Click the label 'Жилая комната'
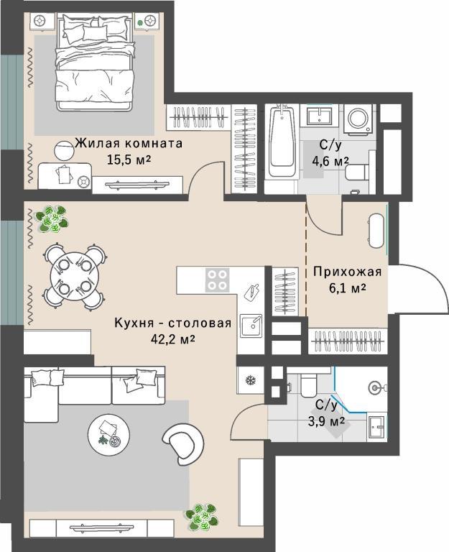pyautogui.click(x=129, y=144)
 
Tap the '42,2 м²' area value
pyautogui.click(x=172, y=339)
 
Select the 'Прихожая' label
pyautogui.click(x=348, y=272)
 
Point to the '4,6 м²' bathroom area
pyautogui.click(x=330, y=161)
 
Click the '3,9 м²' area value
pyautogui.click(x=326, y=421)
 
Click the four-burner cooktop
pyautogui.click(x=217, y=280)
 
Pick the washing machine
pyautogui.click(x=358, y=119)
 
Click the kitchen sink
pyautogui.click(x=251, y=326)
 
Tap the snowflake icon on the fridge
pyautogui.click(x=250, y=380)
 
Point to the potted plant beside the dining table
pyautogui.click(x=52, y=219)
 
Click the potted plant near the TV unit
pyautogui.click(x=200, y=517)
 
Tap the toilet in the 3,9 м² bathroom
pyautogui.click(x=309, y=385)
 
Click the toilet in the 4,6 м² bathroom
pyautogui.click(x=357, y=172)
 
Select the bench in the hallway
pyautogui.click(x=376, y=231)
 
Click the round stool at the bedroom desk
pyautogui.click(x=64, y=151)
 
